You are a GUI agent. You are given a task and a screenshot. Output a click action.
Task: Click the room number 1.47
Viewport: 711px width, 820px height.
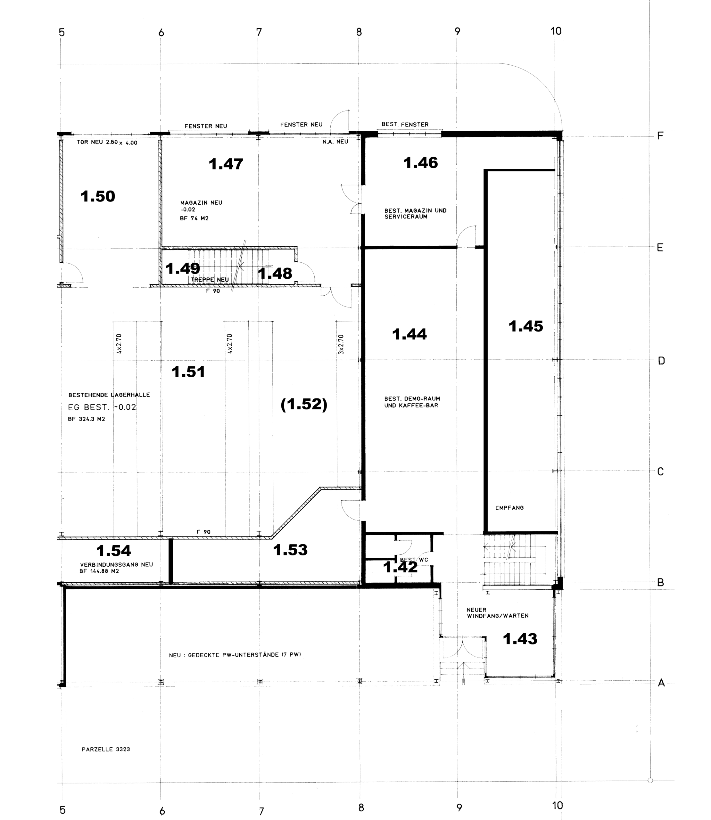point(226,164)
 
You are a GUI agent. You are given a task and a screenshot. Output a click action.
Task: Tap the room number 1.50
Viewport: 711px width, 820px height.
point(98,196)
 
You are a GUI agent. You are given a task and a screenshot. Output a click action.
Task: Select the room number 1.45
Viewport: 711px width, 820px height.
point(526,326)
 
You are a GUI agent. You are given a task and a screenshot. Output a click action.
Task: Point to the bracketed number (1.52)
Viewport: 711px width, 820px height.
point(304,404)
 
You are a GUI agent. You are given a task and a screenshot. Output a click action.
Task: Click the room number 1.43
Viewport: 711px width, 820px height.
point(520,639)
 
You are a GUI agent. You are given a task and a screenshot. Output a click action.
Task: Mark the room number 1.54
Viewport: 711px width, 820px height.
point(113,551)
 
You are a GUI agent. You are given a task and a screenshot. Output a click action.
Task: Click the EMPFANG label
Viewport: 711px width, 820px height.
point(509,508)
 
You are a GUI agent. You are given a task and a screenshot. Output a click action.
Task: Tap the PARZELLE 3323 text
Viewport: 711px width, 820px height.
point(106,750)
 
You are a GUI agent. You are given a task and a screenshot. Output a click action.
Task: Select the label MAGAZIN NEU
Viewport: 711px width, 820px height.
point(201,203)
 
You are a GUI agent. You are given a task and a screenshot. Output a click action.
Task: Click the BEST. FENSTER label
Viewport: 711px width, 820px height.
point(405,125)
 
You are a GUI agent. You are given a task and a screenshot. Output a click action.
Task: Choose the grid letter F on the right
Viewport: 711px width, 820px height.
point(660,136)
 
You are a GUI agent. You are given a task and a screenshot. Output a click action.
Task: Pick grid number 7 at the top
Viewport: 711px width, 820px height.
point(259,32)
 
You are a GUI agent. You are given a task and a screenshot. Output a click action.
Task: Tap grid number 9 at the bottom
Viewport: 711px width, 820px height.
point(459,808)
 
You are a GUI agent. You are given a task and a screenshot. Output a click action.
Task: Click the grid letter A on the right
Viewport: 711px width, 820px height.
point(661,683)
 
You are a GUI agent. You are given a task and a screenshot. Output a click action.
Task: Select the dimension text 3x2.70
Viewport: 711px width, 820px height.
point(341,344)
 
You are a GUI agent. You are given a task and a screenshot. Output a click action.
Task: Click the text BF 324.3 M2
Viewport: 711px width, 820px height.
point(87,419)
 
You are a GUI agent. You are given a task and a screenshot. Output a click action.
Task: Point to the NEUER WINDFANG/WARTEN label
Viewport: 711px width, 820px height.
point(498,613)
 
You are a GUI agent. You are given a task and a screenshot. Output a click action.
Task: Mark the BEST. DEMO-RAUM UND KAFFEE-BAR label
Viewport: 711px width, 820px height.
point(412,402)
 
